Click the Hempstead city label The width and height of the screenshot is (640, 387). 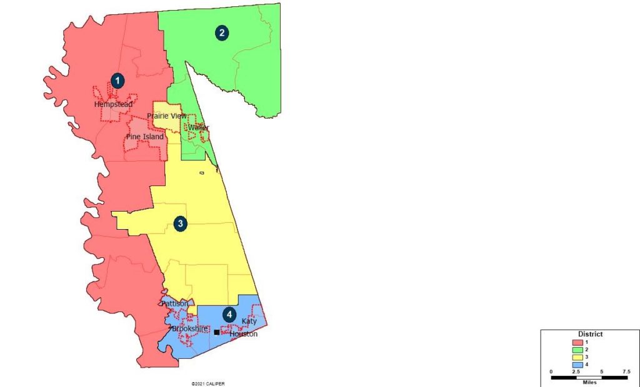pos(113,105)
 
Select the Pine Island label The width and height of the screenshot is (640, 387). pos(145,137)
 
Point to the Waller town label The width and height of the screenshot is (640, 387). pos(198,127)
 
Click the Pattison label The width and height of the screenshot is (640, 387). pos(174,303)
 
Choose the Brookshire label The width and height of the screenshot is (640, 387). pos(190,328)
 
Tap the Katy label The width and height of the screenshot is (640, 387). pos(249,321)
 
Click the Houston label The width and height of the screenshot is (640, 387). pos(243,334)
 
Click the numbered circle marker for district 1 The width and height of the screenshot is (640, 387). pos(117,80)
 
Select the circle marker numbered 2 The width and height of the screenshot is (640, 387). pos(221,33)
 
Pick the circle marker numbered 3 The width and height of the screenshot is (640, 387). pos(181,223)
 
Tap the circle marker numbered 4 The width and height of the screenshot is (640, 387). pos(231,316)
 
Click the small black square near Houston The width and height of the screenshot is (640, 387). pos(216,333)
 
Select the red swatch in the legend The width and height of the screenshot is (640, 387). pos(578,342)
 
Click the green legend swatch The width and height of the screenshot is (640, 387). pos(578,349)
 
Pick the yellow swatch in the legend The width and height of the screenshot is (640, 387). pos(578,356)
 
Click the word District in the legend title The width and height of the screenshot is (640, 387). pos(590,334)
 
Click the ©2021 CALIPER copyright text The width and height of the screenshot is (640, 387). pos(208,383)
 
